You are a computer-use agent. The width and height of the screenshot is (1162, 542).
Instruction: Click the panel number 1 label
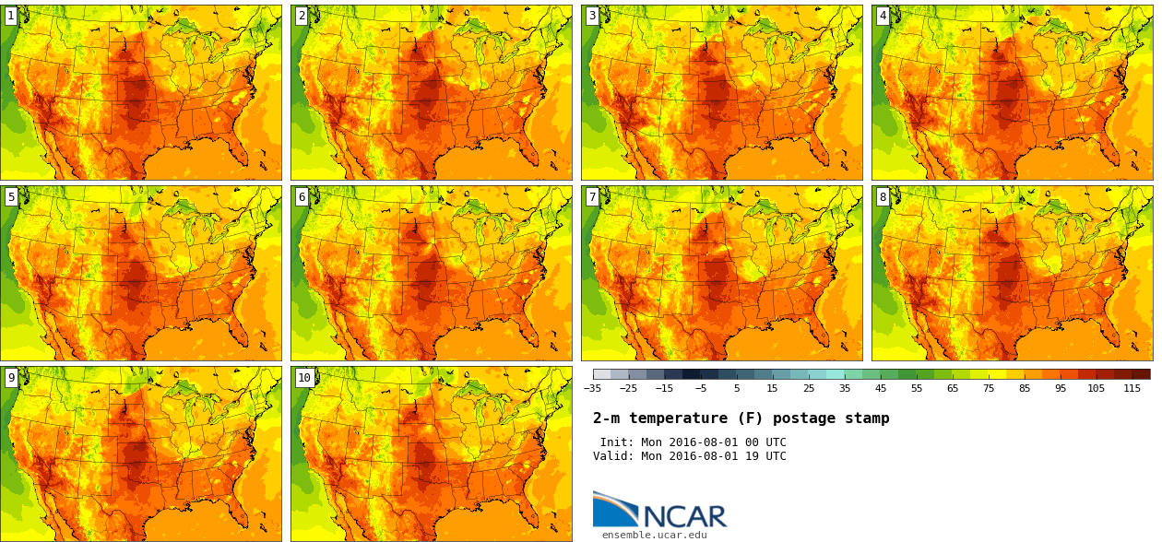point(11,16)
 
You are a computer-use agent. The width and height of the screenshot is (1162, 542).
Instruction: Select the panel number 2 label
point(302,16)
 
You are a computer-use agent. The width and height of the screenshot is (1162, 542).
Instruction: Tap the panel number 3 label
point(592,16)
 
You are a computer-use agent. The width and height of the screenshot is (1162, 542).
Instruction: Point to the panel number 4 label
point(883,16)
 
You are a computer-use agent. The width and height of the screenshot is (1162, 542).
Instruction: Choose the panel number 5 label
point(11,196)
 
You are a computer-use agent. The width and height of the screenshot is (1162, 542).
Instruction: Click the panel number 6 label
point(302,196)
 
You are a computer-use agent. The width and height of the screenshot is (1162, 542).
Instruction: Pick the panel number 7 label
point(592,196)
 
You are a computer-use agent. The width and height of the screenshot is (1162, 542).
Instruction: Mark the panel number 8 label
point(883,196)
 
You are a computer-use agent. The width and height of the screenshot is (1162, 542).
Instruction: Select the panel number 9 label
point(11,377)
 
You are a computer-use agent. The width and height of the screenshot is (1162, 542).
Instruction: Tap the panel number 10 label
point(304,377)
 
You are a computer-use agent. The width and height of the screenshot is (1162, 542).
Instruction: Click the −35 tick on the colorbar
point(592,389)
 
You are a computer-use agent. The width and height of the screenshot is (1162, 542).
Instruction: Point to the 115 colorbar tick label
point(1132,389)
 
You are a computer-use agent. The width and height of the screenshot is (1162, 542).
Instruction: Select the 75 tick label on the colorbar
point(989,389)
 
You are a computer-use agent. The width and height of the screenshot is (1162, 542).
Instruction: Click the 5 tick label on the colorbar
point(737,389)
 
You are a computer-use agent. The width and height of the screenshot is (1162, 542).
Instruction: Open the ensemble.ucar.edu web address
point(655,535)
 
